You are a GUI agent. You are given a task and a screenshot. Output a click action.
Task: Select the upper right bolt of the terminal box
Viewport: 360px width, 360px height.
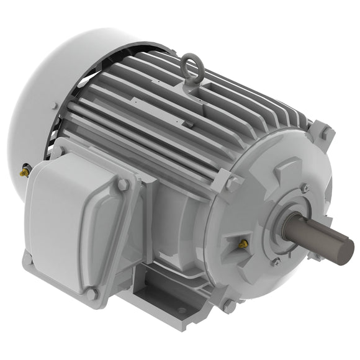123,184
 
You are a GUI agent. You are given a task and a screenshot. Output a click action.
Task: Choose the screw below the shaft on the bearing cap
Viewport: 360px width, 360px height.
277,262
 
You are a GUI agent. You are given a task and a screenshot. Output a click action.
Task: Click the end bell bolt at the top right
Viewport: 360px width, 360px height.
324,133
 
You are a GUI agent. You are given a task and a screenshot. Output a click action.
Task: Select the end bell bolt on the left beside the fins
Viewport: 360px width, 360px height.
231,182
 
